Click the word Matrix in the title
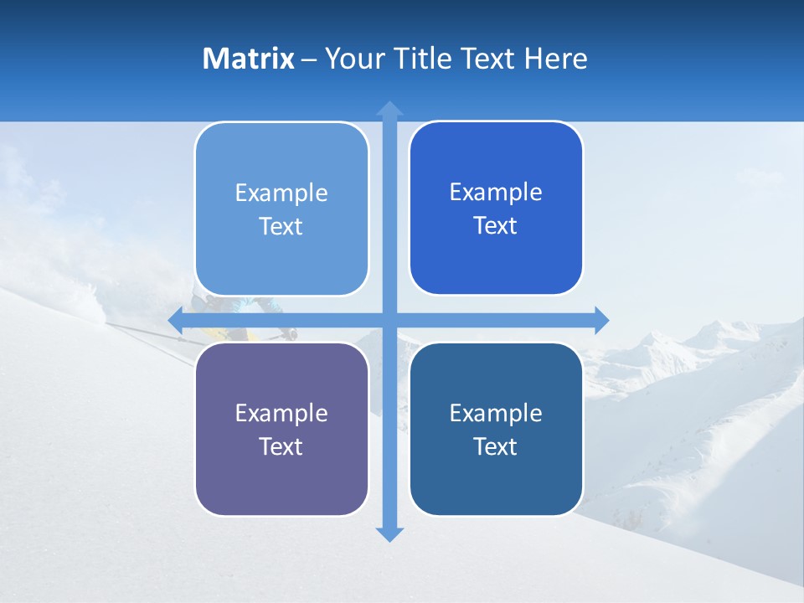click(248, 59)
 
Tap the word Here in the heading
click(555, 59)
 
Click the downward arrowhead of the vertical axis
click(389, 533)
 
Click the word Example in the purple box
click(281, 413)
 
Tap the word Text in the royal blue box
click(496, 226)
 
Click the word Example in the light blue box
click(281, 193)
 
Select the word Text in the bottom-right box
click(496, 446)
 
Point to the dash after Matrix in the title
click(309, 59)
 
